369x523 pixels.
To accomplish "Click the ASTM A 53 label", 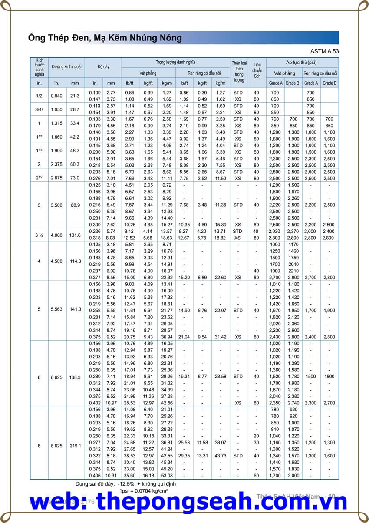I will coord(325,51).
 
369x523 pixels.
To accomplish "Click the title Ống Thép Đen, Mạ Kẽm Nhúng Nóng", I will coord(105,38).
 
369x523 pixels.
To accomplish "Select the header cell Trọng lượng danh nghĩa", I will coord(175,63).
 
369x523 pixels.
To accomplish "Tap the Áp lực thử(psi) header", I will coord(302,63).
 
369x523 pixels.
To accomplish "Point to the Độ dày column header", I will coord(103,67).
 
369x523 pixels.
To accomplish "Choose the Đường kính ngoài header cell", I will coord(66,67).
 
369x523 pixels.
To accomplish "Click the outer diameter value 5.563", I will coord(56,309).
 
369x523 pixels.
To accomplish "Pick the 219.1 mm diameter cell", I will coord(75,446).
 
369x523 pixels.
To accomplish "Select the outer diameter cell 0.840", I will coord(56,96).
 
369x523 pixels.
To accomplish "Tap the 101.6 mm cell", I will coord(75,235).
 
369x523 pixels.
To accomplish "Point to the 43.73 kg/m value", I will coord(220,456).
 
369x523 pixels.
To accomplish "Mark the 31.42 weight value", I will coord(220,337).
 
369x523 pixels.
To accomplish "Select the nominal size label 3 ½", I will coord(39,235).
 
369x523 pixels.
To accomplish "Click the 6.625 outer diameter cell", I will coord(56,377).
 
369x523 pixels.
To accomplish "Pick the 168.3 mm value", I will coord(75,377).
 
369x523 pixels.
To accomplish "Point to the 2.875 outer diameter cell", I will coord(56,178).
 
